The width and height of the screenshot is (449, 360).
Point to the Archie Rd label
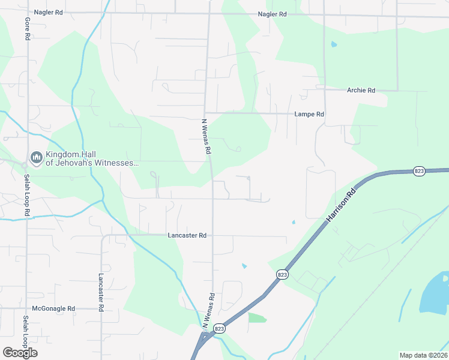[361, 90]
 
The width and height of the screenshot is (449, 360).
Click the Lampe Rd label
[309, 114]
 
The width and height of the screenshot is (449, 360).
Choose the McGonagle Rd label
[55, 308]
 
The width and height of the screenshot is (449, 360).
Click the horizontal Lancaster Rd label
[187, 236]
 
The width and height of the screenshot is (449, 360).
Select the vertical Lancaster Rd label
[101, 292]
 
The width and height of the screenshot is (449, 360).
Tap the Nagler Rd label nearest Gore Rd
[49, 12]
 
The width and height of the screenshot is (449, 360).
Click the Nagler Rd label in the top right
[272, 14]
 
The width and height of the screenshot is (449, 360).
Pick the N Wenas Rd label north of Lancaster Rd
[206, 137]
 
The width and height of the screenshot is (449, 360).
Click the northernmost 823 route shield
[420, 171]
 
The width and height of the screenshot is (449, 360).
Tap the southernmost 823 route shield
[220, 328]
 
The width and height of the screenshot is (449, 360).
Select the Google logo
[20, 353]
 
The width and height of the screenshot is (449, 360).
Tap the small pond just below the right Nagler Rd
[334, 44]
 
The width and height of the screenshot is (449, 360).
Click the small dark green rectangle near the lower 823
[257, 317]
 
